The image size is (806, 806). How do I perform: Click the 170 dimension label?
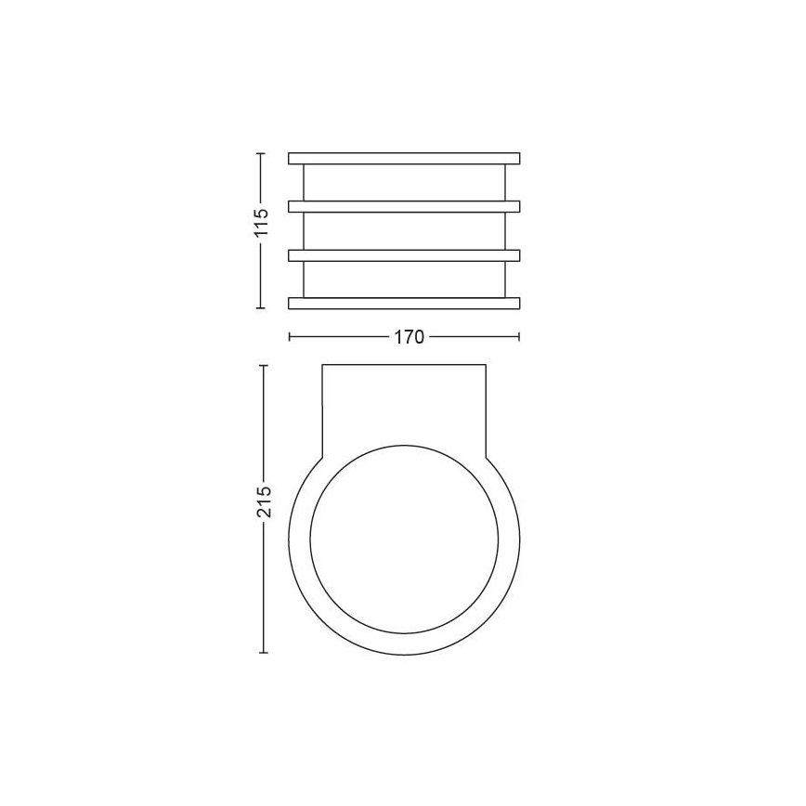[x=404, y=337]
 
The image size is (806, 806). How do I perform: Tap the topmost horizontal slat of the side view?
[x=404, y=158]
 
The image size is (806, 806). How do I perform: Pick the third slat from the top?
[x=404, y=253]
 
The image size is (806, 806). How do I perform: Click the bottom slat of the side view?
[x=404, y=303]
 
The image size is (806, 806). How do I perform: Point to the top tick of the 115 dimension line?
[x=261, y=153]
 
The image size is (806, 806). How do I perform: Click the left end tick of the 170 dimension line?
[x=289, y=337]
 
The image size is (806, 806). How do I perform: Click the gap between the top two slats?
[x=404, y=182]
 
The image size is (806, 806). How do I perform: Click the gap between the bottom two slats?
[x=404, y=279]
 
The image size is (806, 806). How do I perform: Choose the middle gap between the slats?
[x=404, y=230]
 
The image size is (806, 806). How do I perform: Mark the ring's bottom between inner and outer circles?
[x=404, y=643]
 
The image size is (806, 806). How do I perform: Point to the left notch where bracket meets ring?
[x=322, y=456]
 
